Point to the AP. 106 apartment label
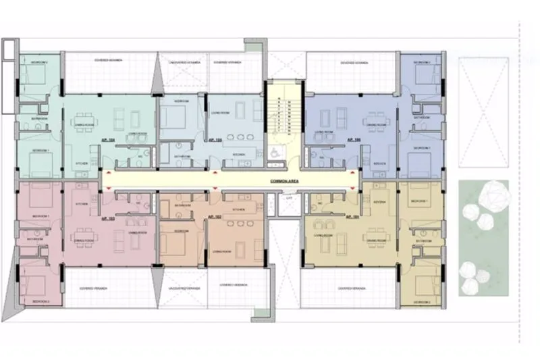pos(353,138)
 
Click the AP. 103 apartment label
pos(107,218)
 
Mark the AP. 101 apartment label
pos(352,217)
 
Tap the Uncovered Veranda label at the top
pos(182,62)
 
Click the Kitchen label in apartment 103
pos(82,203)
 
